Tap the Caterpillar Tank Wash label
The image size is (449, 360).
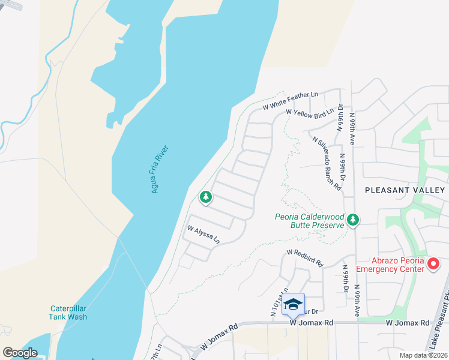68,313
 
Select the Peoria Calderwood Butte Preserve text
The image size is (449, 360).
309,221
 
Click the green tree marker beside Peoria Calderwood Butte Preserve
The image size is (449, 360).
354,220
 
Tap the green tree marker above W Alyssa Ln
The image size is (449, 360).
206,197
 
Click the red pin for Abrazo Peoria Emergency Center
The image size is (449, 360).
434,263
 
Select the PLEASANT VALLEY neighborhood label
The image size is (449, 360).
405,190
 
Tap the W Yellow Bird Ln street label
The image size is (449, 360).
309,112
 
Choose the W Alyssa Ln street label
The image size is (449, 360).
203,234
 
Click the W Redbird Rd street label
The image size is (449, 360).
305,258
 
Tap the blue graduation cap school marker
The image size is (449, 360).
293,304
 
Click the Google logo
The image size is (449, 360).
20,353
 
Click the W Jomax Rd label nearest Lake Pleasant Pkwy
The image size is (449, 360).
408,323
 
